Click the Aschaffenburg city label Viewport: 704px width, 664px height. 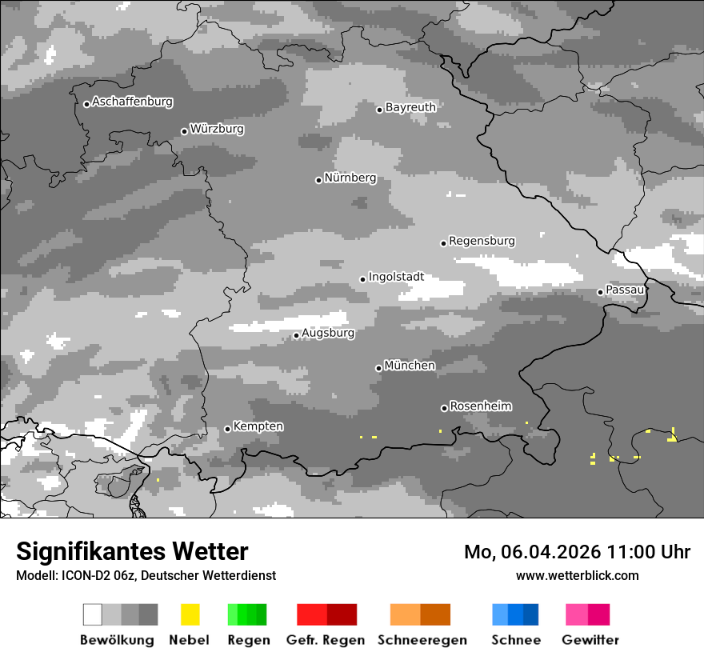[132, 102]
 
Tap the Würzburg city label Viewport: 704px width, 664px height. [217, 129]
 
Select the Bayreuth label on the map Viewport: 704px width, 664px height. [410, 107]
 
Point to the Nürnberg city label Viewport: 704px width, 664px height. [350, 178]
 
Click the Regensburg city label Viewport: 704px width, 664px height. [482, 241]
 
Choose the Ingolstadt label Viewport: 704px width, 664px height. [396, 277]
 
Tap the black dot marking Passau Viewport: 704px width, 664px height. [600, 292]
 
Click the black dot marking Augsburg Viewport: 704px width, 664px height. [296, 335]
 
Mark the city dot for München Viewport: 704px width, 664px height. [378, 368]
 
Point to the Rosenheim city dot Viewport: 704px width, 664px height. [444, 408]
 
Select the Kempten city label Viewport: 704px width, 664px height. [258, 426]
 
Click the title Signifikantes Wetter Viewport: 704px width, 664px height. [132, 551]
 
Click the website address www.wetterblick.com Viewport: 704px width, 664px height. [577, 575]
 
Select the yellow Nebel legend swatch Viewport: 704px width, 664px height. [190, 614]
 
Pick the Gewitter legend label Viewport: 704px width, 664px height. [590, 640]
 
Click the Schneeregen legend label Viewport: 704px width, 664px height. [422, 640]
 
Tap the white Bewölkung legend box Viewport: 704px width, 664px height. [93, 614]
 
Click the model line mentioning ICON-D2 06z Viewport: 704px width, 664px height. [146, 575]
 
